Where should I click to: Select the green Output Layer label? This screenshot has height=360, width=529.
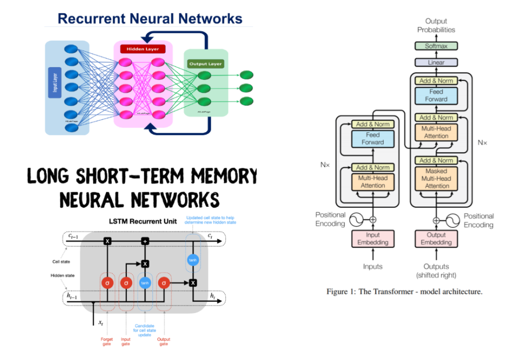[x=205, y=63]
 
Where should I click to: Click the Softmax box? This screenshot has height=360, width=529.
[x=436, y=46]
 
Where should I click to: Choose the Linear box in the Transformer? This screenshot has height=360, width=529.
[x=436, y=62]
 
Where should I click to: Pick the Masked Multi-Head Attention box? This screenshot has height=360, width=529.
[x=436, y=179]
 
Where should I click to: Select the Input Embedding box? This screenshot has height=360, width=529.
[x=373, y=238]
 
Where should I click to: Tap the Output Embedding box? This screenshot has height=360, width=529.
[x=436, y=238]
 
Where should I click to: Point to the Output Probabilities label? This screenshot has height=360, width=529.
[x=436, y=25]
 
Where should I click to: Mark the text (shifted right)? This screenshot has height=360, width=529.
[x=436, y=275]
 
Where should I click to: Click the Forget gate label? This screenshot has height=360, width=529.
[x=106, y=341]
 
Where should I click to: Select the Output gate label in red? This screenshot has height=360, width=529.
[x=163, y=341]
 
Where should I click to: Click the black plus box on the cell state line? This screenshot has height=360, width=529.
[x=144, y=241]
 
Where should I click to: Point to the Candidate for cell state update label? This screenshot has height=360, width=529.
[x=144, y=330]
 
